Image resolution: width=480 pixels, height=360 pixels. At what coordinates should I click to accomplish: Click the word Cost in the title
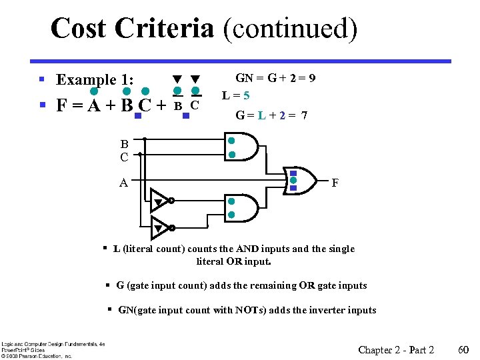coord(79,29)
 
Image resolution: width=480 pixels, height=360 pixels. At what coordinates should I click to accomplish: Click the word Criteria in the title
coord(164,29)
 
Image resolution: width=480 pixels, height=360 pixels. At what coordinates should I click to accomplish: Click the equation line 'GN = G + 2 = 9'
coord(275,78)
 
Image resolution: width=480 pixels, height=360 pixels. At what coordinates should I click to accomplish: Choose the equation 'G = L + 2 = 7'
coord(271,115)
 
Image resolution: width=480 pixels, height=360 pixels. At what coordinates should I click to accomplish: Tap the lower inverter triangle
coord(160,227)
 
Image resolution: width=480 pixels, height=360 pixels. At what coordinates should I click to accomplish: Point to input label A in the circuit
coord(124,182)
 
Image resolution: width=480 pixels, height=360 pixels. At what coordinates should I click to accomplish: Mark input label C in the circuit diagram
coord(124,158)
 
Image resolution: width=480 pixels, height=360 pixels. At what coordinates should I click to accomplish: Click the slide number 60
coord(464,350)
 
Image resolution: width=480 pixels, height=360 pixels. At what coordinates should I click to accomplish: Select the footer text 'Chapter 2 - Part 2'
coord(396,350)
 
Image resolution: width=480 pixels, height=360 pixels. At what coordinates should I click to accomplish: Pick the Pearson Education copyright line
coord(37,355)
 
